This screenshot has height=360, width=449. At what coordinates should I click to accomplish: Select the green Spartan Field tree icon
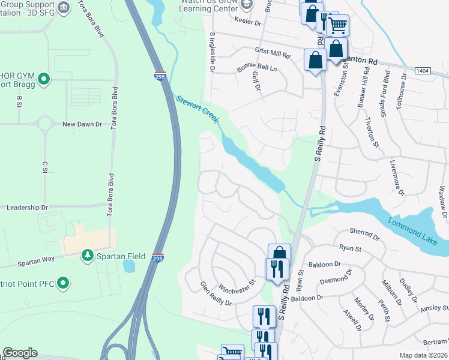(x=87, y=256)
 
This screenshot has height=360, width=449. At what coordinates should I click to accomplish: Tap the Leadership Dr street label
(x=27, y=207)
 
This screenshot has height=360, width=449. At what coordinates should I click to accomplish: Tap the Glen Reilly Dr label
(x=215, y=294)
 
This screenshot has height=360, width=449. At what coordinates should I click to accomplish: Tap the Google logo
(x=20, y=353)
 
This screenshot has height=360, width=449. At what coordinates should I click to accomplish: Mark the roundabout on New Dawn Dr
(x=44, y=124)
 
